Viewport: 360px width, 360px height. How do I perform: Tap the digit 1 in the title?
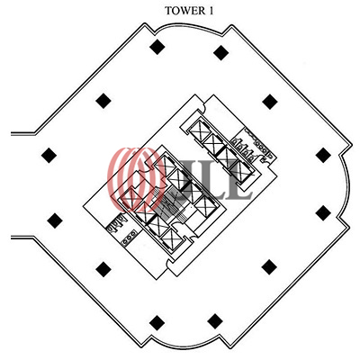[211, 11]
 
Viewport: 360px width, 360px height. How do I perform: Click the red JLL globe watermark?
[137, 179]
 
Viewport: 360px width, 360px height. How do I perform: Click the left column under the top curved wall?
[157, 47]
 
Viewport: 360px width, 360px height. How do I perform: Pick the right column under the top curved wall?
[221, 52]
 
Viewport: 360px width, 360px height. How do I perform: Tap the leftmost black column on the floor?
[49, 156]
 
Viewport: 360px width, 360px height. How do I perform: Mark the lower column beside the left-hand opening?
[55, 220]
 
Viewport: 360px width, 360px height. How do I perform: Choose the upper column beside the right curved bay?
[323, 155]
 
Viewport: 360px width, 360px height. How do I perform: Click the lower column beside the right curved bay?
[323, 212]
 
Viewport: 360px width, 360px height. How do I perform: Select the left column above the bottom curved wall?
[157, 323]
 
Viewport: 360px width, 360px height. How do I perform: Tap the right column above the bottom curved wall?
[215, 321]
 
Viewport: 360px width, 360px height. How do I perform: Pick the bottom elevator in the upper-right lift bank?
[241, 171]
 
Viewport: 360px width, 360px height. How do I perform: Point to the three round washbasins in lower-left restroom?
[129, 238]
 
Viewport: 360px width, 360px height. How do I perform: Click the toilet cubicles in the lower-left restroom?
[116, 223]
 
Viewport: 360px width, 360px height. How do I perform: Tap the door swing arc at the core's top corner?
[202, 105]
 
